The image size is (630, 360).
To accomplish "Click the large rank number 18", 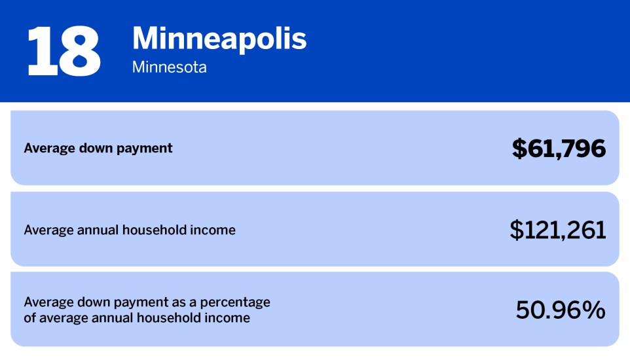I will [64, 50].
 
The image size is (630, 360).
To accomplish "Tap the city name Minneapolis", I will [219, 39].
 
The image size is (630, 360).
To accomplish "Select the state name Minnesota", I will [169, 67].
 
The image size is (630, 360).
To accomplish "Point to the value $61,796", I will [559, 149].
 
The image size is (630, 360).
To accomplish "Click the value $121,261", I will [558, 230].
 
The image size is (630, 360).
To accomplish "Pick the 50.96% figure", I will [560, 310].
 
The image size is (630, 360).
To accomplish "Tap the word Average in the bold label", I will [47, 148].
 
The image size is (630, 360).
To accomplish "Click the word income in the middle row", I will [213, 230].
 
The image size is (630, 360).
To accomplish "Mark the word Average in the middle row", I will [47, 230].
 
